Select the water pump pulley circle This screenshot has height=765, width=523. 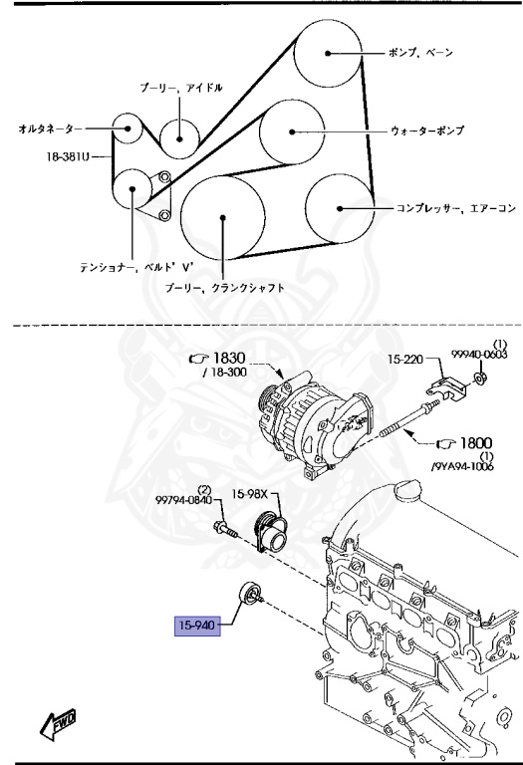click(292, 130)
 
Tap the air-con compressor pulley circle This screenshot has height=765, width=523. click(339, 207)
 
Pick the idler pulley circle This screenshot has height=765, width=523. click(179, 132)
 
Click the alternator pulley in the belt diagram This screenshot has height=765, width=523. click(126, 128)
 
